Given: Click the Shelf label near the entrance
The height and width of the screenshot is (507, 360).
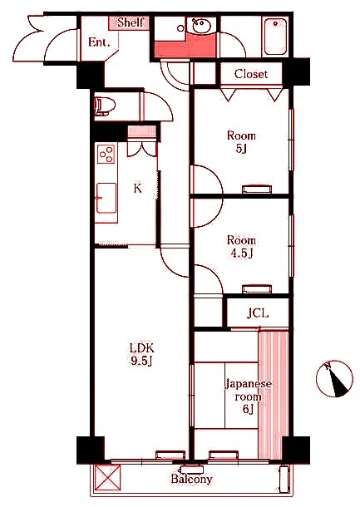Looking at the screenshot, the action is coord(130,22).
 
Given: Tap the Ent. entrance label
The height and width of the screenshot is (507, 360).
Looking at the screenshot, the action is coord(99,42).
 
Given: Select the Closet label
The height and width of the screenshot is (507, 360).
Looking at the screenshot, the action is coord(251,74).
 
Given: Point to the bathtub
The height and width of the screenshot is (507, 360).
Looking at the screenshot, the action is coord(275,37).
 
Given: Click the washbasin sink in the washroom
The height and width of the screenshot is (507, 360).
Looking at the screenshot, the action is coord(201,26).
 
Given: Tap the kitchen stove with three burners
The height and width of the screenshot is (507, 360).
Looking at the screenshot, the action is coord(106,154).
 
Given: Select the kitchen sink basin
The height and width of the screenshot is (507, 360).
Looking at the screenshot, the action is coord(106,198).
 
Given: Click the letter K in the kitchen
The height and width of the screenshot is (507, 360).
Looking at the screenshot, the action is coord(138,188).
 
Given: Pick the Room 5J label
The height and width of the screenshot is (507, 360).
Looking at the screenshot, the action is coord(241,142).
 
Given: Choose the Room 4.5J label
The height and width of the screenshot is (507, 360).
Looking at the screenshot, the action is coord(241,247).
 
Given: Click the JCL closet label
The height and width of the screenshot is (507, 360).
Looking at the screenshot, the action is coord(258,313).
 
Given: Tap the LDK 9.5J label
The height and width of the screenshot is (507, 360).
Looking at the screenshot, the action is coord(141,354).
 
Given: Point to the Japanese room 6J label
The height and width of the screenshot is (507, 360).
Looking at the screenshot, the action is coord(248,396).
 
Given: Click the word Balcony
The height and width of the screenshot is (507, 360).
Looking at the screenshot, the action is coord(191,480).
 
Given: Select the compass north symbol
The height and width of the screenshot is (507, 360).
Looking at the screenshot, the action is coord(334,378).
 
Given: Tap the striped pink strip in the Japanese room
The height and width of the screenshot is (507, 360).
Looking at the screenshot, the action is coord(274,395).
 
